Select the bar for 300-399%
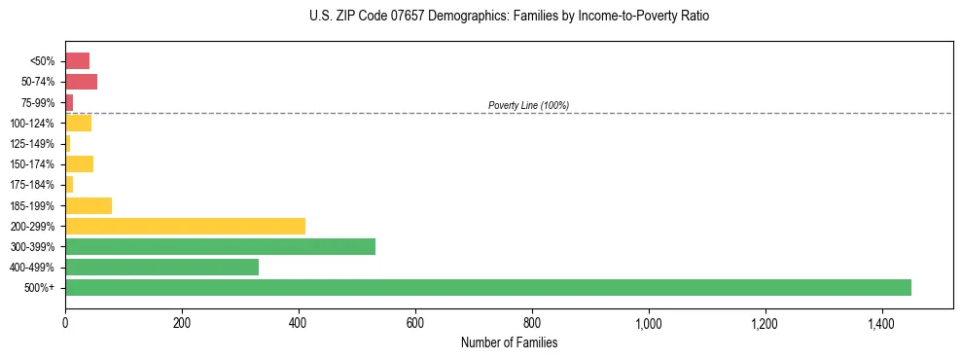(220, 246)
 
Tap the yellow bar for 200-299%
(185, 226)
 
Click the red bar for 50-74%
(81, 82)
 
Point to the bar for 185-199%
(89, 205)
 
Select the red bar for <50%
(77, 61)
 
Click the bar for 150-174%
(79, 163)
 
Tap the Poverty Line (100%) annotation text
(528, 105)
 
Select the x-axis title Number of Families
(509, 342)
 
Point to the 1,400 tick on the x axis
(881, 323)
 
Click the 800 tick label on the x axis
(532, 323)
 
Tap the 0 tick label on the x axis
(65, 323)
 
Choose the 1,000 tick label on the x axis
(648, 323)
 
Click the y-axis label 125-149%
(32, 144)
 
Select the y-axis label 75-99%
(36, 102)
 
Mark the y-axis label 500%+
(39, 288)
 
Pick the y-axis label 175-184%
(32, 185)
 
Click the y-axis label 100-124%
(32, 123)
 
